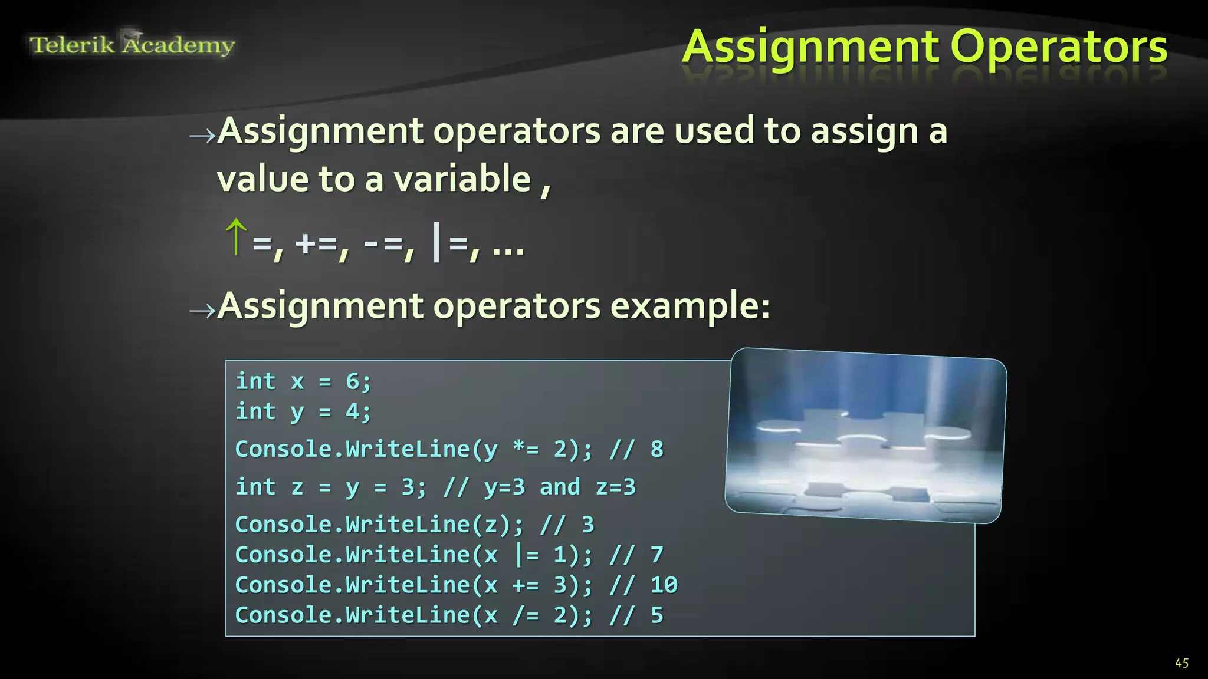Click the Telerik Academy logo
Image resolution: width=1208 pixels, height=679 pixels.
pos(132,44)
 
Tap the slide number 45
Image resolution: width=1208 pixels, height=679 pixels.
pos(1181,663)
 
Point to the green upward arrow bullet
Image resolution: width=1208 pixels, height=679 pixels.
pos(236,237)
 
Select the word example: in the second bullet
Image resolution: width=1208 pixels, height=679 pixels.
pos(690,306)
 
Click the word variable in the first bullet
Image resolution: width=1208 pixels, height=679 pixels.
pos(462,179)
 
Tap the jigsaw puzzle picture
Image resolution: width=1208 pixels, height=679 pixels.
pos(865,435)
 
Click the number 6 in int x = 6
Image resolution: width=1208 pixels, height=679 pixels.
pos(352,381)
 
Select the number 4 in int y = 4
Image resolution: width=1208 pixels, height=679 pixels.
pos(352,411)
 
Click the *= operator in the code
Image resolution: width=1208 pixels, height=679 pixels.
pos(526,449)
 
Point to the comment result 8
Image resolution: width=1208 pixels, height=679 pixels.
pos(656,449)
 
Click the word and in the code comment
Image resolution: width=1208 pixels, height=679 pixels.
pos(560,487)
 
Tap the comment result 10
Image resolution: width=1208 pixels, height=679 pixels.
pos(664,585)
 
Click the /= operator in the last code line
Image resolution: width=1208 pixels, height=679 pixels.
pos(526,615)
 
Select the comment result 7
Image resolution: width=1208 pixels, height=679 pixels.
pos(656,555)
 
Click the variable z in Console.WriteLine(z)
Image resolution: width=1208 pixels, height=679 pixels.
pos(491,525)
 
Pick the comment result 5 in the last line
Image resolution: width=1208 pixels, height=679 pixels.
pos(656,615)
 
